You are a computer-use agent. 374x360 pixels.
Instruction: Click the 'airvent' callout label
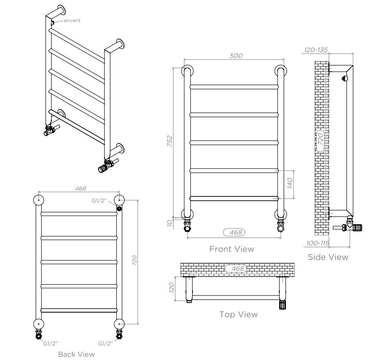[x=72, y=20]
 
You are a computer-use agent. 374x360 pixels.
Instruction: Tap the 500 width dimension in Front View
[x=236, y=56]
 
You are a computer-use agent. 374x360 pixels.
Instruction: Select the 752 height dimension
[x=170, y=141]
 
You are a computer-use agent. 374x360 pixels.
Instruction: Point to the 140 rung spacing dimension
[x=289, y=183]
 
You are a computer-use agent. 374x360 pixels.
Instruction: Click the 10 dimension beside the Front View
[x=170, y=223]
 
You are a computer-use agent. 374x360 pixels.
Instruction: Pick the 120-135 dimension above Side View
[x=316, y=50]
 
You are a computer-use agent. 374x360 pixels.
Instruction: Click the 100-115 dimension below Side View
[x=318, y=243]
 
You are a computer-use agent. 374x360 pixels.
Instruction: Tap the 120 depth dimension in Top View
[x=171, y=287]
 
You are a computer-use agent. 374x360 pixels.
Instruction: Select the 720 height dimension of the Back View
[x=135, y=260]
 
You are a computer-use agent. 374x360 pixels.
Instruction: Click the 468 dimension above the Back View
[x=81, y=188]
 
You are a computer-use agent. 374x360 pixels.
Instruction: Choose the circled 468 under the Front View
[x=234, y=233]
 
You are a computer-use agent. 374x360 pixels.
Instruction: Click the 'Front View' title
[x=232, y=249]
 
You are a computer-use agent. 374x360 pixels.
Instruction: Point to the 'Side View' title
[x=328, y=257]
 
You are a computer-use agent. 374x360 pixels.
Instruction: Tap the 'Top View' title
[x=239, y=314]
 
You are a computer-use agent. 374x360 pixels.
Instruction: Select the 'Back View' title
[x=77, y=354]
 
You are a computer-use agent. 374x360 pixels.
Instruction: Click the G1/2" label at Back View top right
[x=99, y=201]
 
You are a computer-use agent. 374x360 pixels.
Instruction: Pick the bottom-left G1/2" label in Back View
[x=50, y=344]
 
